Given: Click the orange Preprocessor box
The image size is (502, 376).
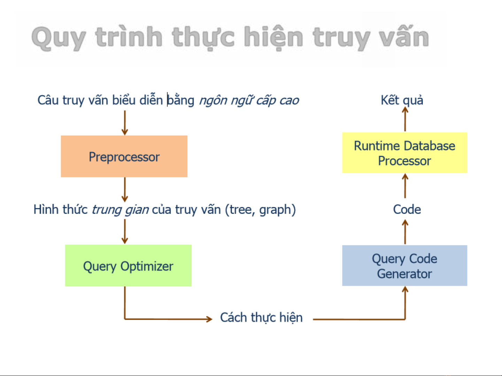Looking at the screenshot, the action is click(x=124, y=157).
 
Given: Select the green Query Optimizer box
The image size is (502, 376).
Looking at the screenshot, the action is click(x=128, y=265).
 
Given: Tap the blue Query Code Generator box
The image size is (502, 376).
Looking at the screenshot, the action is click(x=404, y=265).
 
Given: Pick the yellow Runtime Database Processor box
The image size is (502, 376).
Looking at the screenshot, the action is click(x=404, y=153).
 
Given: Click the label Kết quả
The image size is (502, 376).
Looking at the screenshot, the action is click(x=402, y=101).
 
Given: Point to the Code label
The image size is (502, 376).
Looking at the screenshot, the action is click(x=407, y=209).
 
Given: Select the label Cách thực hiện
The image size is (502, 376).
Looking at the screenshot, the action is click(x=261, y=318).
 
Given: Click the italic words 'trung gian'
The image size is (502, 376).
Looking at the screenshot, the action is click(x=120, y=210).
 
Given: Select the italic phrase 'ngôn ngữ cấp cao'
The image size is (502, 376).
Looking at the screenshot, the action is click(x=249, y=101).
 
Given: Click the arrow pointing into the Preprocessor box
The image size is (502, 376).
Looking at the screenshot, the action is click(x=125, y=123).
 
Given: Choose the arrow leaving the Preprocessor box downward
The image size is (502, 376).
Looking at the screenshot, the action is click(x=125, y=190).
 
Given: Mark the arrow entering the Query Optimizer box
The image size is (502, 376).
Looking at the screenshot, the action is click(x=125, y=232).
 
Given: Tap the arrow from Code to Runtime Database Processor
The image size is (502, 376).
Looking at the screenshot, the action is click(x=405, y=186).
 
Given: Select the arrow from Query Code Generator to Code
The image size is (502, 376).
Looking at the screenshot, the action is click(x=405, y=232).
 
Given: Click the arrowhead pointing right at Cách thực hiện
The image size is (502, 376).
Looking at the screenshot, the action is click(x=209, y=319).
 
